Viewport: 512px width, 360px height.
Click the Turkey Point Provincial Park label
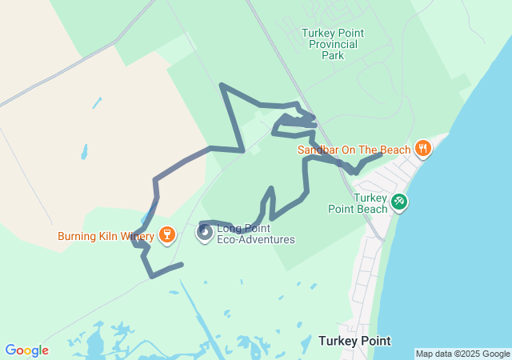coord(333,44)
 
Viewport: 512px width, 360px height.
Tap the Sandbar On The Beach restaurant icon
coord(423,148)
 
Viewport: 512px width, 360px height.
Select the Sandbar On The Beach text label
coord(354,149)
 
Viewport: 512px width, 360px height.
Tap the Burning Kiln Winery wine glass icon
coord(166,234)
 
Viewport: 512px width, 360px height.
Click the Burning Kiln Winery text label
coord(106,237)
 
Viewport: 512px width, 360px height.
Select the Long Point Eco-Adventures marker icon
coord(205,233)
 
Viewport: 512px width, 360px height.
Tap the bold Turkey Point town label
coord(354,341)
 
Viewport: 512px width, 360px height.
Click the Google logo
coord(26,350)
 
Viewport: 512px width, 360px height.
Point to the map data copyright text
coord(462,354)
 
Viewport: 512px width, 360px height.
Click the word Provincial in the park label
coord(333,44)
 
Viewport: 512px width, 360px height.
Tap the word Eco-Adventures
coord(256,239)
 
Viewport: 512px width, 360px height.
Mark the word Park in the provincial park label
coord(333,56)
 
